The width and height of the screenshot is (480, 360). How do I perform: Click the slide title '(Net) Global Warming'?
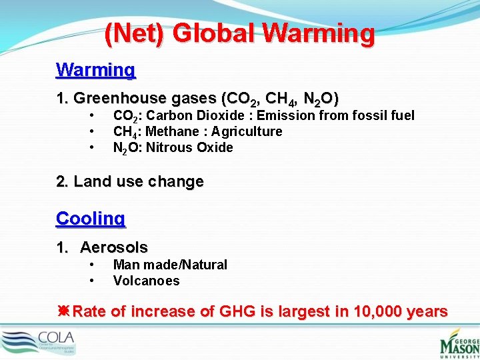point(239,33)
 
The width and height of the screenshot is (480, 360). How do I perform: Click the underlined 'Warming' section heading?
point(96,69)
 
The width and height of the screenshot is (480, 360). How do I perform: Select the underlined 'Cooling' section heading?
point(91,218)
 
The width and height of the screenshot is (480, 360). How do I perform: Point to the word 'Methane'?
point(169,131)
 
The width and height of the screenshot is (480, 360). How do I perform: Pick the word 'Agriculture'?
point(246,131)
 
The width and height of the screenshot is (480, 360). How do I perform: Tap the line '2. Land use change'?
point(130,181)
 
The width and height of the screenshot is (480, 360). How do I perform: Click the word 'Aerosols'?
point(114,247)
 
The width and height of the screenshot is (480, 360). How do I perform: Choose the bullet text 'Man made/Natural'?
point(170,265)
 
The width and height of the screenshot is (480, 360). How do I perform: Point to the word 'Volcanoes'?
point(146,281)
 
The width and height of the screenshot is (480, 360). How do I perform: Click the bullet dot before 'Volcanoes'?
point(91,281)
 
